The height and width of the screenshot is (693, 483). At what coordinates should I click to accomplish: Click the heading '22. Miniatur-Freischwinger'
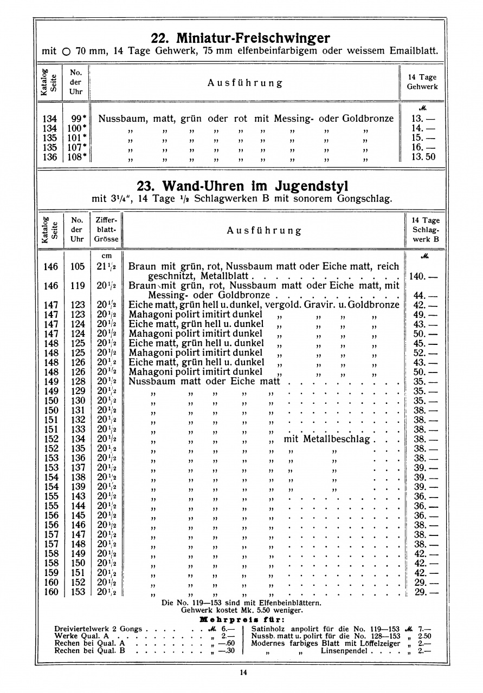click(240, 38)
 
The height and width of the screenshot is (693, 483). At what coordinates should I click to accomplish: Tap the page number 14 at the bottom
click(242, 672)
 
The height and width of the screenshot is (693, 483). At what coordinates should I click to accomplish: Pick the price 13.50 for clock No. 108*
click(423, 157)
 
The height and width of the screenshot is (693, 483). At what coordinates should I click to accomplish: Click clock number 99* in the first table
click(79, 119)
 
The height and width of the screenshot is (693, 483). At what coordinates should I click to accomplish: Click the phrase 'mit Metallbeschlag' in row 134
click(326, 439)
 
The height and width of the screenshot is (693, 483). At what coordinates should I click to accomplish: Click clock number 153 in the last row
click(78, 592)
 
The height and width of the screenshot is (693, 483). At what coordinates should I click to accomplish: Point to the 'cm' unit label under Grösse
click(107, 256)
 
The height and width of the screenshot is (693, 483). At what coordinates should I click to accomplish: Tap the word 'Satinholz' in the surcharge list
click(269, 629)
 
